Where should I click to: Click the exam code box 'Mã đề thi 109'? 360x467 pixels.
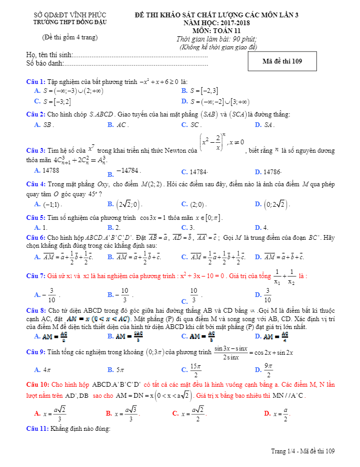tap(282, 61)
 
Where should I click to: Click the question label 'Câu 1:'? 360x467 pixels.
tap(36, 82)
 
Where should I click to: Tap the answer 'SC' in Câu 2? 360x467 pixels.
tap(195, 125)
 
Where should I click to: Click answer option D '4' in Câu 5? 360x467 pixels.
tap(266, 228)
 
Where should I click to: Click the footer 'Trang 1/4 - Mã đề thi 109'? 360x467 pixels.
tap(303, 451)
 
